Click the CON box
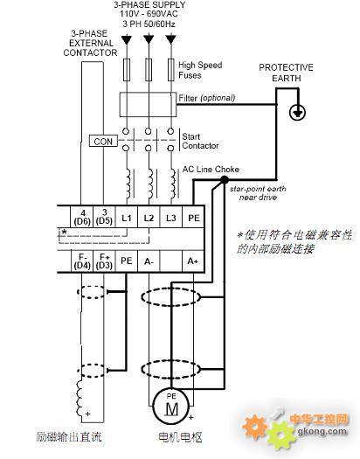[103, 141]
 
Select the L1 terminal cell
[127, 217]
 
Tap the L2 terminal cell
[149, 217]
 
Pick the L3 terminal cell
[171, 217]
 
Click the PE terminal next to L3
[193, 217]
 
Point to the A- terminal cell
[149, 261]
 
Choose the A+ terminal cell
[193, 261]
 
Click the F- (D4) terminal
[82, 261]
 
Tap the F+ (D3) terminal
[104, 261]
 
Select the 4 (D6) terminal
[82, 217]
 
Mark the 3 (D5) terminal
[104, 217]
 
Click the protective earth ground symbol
[297, 113]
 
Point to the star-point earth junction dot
[224, 180]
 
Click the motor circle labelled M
[171, 407]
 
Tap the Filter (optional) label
[207, 98]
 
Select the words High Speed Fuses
[200, 70]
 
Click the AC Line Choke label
[211, 170]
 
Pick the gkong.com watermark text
[322, 431]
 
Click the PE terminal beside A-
[127, 261]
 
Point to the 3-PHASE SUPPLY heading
[149, 5]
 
